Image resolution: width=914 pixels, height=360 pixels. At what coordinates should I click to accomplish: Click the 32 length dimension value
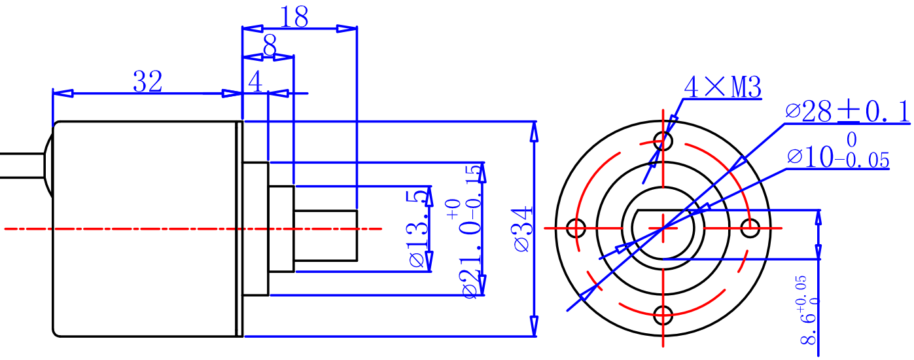147,82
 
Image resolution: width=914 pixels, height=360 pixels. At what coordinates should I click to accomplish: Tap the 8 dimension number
269,46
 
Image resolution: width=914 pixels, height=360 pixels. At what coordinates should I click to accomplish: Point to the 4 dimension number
255,82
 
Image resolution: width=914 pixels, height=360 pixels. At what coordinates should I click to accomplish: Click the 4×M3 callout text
722,87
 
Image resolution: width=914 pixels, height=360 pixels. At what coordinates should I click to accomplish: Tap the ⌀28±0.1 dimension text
847,113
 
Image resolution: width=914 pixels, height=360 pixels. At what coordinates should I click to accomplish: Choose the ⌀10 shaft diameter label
839,157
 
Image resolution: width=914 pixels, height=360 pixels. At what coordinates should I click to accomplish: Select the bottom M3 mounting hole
664,315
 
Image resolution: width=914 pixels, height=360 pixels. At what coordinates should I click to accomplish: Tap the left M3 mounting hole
576,228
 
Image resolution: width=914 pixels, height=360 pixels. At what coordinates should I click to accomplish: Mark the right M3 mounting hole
750,228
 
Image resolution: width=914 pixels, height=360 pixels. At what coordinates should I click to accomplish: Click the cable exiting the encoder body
20,165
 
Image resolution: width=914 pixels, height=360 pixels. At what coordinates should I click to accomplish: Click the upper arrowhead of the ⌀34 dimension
535,131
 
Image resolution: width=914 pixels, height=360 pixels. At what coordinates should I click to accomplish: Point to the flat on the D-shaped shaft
664,211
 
